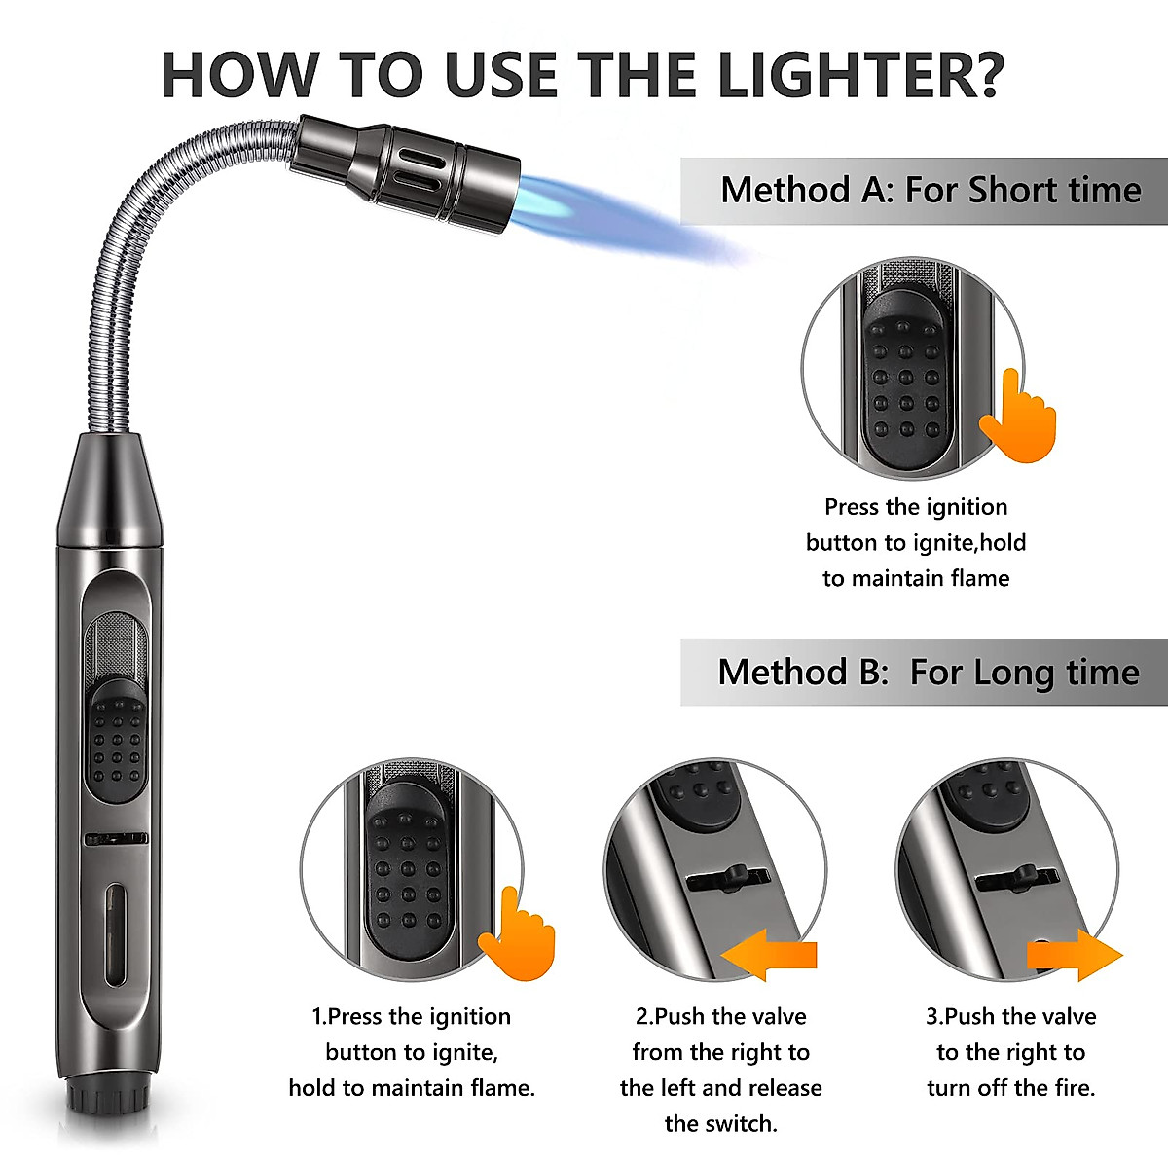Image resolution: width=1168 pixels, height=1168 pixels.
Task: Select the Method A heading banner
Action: point(930,190)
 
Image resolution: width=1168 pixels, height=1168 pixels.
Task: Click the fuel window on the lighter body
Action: point(116,934)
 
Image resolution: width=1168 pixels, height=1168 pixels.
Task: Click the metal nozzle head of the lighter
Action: point(409,170)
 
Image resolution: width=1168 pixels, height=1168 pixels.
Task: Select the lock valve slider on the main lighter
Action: point(117,838)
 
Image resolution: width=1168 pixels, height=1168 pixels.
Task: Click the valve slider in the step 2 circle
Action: point(725,880)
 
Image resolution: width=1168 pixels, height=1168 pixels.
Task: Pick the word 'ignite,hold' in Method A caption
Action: point(969,542)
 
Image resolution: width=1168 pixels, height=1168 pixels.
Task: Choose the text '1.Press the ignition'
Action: point(411,1016)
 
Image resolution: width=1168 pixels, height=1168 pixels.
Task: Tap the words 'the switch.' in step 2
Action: point(720,1124)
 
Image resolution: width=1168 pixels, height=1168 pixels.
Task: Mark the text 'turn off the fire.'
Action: point(1010,1088)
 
